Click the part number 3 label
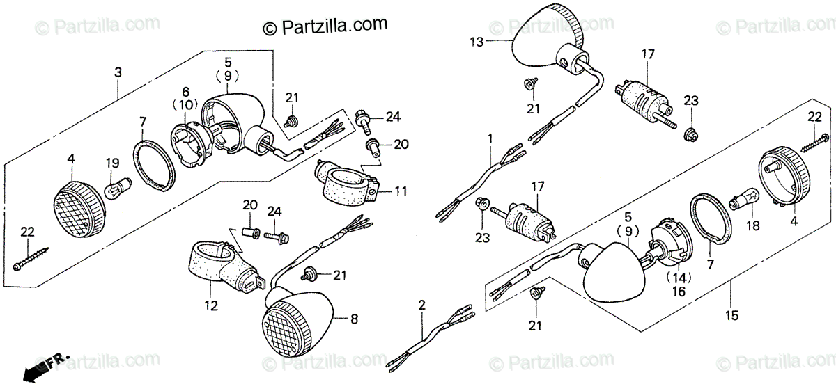pyautogui.click(x=118, y=72)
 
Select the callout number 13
pyautogui.click(x=476, y=42)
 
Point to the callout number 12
pyautogui.click(x=211, y=305)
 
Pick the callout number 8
pyautogui.click(x=354, y=320)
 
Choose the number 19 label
pyautogui.click(x=113, y=163)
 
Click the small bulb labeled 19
pyautogui.click(x=114, y=189)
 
